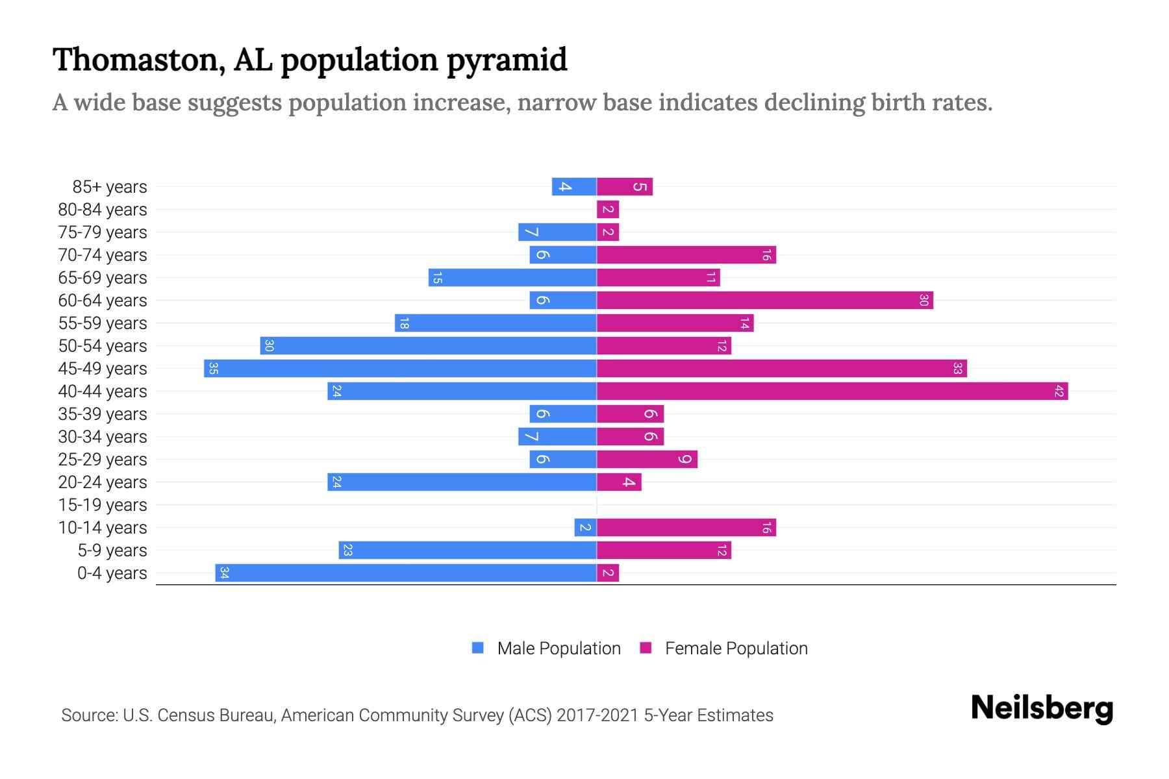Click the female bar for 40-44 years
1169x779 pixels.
tap(831, 391)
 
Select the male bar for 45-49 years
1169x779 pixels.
tap(400, 369)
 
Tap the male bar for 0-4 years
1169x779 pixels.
tap(406, 573)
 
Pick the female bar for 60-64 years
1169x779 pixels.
tap(764, 301)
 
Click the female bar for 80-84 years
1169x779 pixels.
tap(608, 210)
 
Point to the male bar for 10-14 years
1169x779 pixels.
tap(585, 528)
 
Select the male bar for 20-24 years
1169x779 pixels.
tap(462, 482)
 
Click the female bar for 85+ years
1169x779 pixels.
tap(625, 187)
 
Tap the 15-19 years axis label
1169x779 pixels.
tap(103, 505)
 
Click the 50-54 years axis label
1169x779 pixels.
tap(103, 346)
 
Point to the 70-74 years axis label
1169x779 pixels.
tap(103, 255)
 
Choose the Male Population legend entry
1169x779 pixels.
tap(546, 649)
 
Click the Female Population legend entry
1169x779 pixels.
tap(723, 649)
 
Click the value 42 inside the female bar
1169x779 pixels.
tap(1059, 391)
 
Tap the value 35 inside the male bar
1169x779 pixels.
tap(213, 369)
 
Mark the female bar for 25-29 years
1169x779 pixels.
tap(647, 460)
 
